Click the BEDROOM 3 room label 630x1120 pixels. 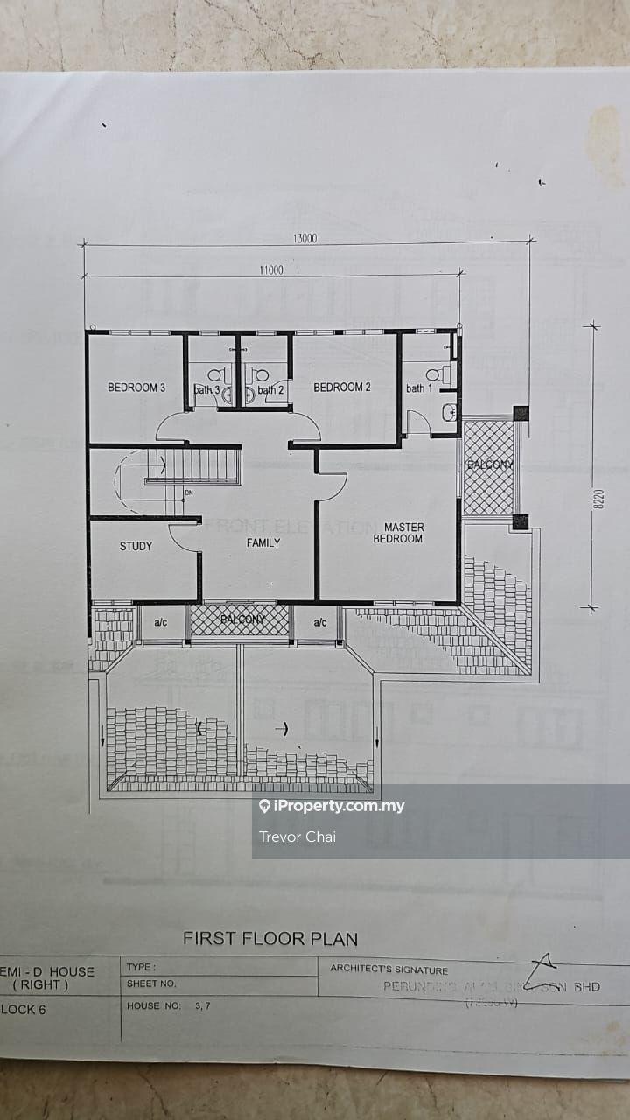(136, 388)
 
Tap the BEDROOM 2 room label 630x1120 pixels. (342, 388)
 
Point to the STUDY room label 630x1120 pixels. (136, 546)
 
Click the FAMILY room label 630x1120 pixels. (263, 542)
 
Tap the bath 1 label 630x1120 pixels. (418, 388)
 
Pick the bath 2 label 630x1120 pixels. (271, 390)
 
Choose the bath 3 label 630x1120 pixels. (207, 390)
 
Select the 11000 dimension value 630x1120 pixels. (270, 270)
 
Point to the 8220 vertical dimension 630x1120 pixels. (599, 498)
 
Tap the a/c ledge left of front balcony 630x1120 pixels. (161, 623)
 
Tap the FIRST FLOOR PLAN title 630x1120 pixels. (270, 939)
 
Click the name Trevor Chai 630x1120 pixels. (297, 836)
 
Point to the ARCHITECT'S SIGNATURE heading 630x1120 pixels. (388, 969)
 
